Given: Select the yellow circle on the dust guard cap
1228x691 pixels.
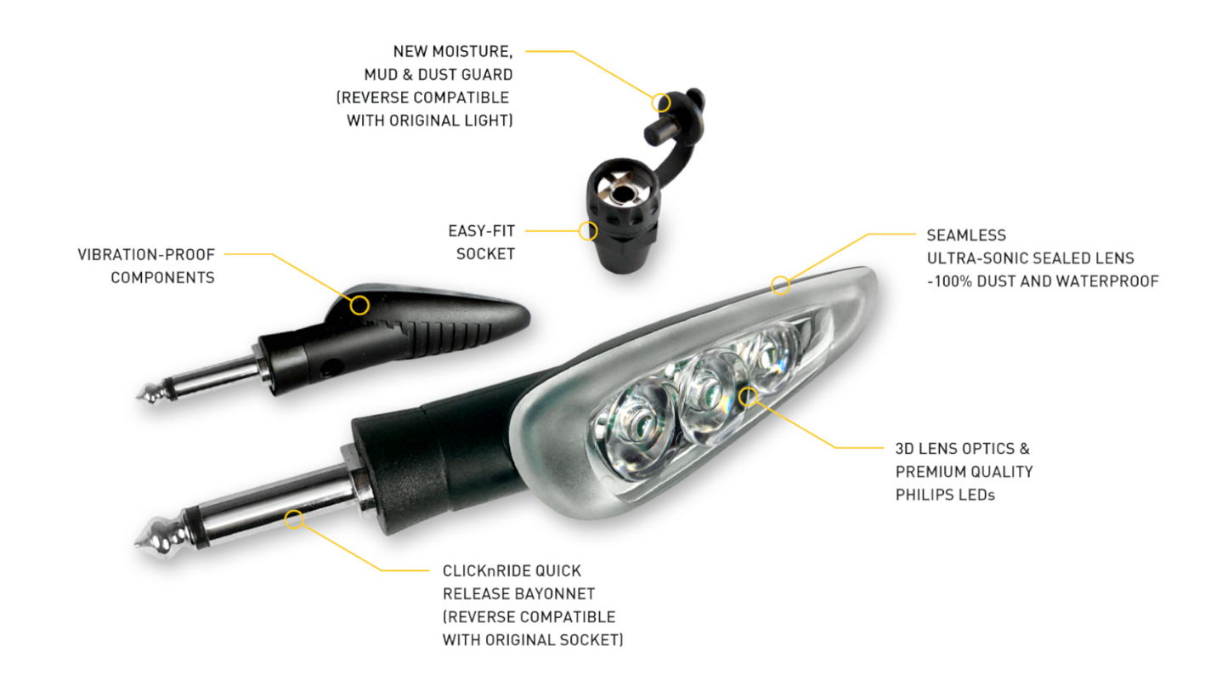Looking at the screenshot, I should [661, 103].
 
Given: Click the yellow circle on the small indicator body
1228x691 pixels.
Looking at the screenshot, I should [359, 304].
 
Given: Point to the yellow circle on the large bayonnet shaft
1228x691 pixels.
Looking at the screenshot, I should [294, 518].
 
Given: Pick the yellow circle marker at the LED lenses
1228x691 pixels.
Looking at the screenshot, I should [748, 396].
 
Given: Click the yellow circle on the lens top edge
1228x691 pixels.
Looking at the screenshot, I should [780, 285].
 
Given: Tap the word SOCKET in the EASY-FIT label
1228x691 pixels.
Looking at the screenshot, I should [485, 253].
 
